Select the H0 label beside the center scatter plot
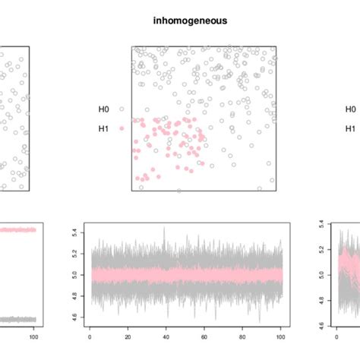103,109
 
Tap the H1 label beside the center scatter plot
103,128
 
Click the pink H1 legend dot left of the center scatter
121,128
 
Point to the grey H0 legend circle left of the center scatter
121,109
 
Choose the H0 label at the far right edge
349,109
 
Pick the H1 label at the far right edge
349,128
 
